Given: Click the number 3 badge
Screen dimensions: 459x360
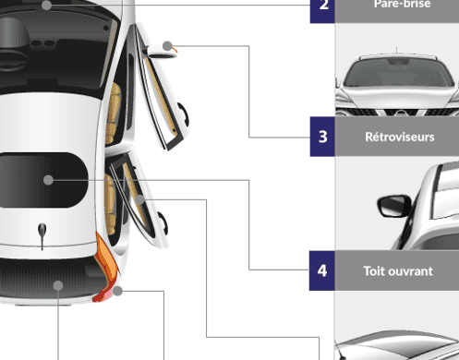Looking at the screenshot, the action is point(322,137).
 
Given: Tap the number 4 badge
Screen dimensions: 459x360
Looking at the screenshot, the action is point(322,270).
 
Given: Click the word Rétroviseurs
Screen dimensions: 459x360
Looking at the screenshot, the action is point(400,137).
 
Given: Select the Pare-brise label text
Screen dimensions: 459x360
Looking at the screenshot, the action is point(402,4).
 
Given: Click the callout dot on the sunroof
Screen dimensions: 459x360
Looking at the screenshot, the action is point(48,180).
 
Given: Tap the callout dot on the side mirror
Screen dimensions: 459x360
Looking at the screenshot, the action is point(167,46).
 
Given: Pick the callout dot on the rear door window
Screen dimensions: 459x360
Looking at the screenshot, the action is point(139,199).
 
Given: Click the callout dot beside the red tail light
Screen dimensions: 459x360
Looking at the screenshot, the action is point(117,291).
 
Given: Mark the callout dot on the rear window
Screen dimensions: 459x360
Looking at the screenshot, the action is point(58,285).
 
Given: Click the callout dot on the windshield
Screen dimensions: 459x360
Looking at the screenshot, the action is point(46,6).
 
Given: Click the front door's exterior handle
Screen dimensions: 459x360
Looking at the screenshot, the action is point(184,114).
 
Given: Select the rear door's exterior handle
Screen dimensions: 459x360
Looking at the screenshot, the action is point(163,223).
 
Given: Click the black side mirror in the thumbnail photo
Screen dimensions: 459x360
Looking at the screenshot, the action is point(394,206).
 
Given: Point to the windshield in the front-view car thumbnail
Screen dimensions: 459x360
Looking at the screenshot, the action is point(399,73).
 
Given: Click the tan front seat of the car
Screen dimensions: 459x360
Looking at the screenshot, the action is point(113,114).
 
